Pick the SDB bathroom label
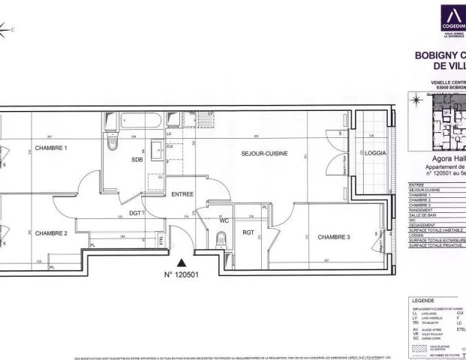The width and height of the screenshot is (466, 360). pos(137,160)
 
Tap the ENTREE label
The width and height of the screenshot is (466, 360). pos(182,194)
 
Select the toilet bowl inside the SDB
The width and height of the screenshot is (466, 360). pos(113,142)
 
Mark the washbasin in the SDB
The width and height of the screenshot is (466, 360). pos(158,151)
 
